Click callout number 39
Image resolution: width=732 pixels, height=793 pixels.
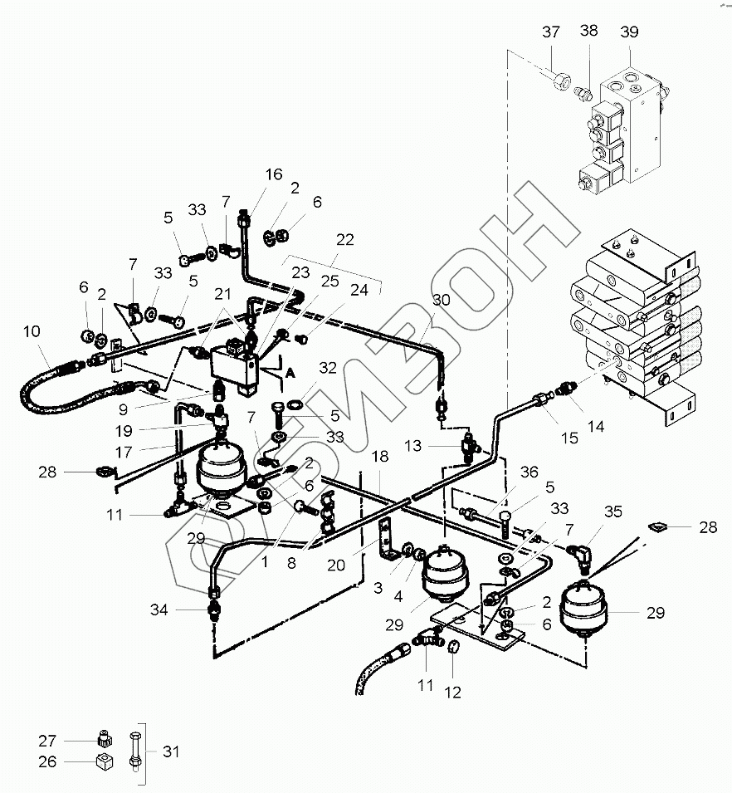629,32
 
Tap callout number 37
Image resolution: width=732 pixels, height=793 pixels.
551,32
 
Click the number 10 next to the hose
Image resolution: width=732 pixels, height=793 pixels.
32,332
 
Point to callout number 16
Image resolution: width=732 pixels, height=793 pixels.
274,174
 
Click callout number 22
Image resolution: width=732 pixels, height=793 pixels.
345,240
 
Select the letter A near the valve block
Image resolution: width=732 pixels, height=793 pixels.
290,373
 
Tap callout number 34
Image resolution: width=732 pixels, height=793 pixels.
159,610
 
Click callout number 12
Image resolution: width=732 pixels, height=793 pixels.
452,693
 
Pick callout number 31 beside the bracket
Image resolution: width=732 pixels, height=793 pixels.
171,751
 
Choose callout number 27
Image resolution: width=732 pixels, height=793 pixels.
47,741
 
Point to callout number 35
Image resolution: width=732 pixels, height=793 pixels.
612,512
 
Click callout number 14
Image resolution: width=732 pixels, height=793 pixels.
596,427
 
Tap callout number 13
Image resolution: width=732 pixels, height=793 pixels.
412,446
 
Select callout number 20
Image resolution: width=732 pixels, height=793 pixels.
335,565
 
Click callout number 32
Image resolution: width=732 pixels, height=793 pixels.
328,368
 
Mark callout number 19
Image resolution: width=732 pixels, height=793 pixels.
124,431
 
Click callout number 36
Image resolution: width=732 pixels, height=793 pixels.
529,472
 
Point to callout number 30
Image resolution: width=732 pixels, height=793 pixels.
441,300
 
